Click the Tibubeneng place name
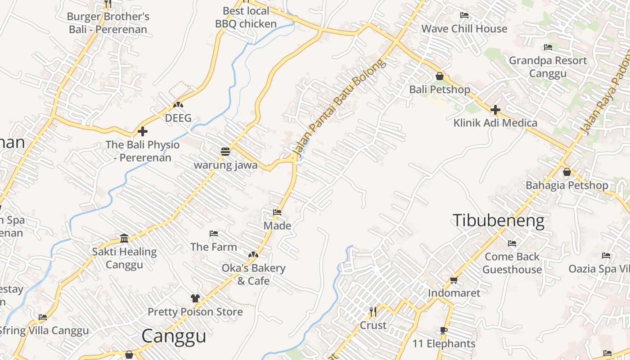pyautogui.click(x=498, y=221)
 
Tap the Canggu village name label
pyautogui.click(x=174, y=336)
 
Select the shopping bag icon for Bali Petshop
pyautogui.click(x=440, y=76)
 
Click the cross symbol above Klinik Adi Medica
pyautogui.click(x=495, y=109)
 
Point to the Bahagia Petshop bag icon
pyautogui.click(x=567, y=172)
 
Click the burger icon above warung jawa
pyautogui.click(x=225, y=152)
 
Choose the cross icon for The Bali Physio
pyautogui.click(x=143, y=131)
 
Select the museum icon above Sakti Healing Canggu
pyautogui.click(x=124, y=238)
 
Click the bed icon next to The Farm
pyautogui.click(x=214, y=234)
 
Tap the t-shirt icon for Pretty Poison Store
pyautogui.click(x=195, y=298)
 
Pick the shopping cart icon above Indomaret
pyautogui.click(x=454, y=280)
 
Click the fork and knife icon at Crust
pyautogui.click(x=373, y=311)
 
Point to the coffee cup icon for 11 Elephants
pyautogui.click(x=444, y=331)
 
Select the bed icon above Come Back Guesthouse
pyautogui.click(x=512, y=243)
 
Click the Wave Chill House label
pyautogui.click(x=464, y=29)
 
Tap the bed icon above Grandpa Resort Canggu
pyautogui.click(x=548, y=47)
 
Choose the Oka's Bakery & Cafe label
pyautogui.click(x=253, y=274)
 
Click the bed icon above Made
pyautogui.click(x=277, y=212)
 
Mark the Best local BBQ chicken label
pyautogui.click(x=246, y=17)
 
